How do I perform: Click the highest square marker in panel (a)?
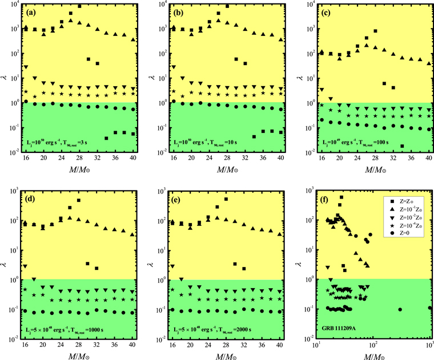[79, 6]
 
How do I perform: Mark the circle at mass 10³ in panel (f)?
[430, 308]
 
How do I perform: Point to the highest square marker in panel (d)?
[79, 200]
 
